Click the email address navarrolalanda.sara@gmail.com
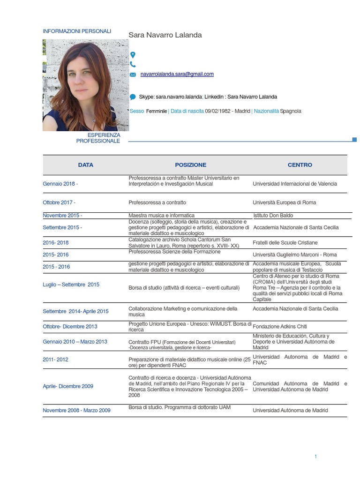tap(177, 74)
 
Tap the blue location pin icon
tap(133, 55)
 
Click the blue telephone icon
tap(133, 65)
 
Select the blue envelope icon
tap(133, 75)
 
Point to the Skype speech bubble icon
tap(133, 97)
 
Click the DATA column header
tap(86, 165)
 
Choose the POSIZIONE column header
tap(190, 165)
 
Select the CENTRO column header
tap(300, 165)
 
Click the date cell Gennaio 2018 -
tap(60, 184)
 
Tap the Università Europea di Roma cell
tap(284, 202)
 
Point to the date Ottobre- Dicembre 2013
tap(70, 326)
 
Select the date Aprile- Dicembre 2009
tap(68, 386)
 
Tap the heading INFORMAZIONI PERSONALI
tap(77, 31)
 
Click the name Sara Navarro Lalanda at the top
tap(165, 35)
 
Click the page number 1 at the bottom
tap(316, 457)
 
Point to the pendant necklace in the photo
tap(94, 120)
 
